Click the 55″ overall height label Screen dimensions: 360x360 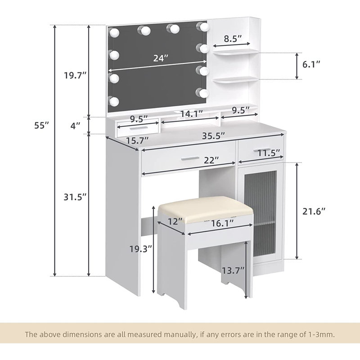[x=41, y=125]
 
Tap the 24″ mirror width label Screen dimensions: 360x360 [x=161, y=58]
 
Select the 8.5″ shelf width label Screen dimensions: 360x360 [x=233, y=39]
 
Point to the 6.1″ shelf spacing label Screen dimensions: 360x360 [x=311, y=64]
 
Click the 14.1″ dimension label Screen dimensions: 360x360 [x=192, y=113]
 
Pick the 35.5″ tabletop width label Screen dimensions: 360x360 [x=213, y=136]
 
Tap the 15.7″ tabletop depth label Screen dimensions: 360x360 [x=138, y=140]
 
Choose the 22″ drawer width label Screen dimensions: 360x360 [x=211, y=160]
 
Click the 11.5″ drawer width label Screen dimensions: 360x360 [x=269, y=153]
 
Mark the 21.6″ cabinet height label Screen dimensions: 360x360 [x=314, y=211]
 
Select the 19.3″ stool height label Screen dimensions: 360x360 [x=141, y=249]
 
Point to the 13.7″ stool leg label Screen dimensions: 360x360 [x=233, y=270]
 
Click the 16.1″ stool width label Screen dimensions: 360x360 [x=222, y=223]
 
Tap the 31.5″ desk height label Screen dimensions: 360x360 [x=75, y=197]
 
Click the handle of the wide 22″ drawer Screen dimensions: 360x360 [x=190, y=158]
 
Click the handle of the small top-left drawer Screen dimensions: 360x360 [x=139, y=128]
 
